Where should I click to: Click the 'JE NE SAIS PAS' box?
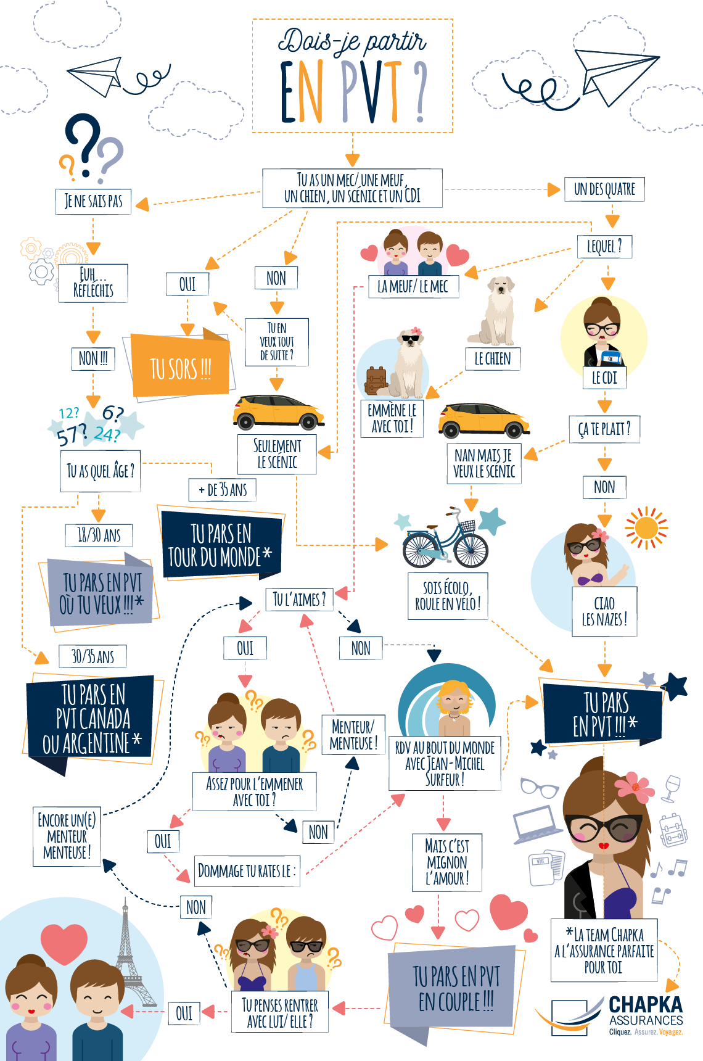[93, 201]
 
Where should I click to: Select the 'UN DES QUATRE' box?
[604, 189]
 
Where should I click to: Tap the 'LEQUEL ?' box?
[604, 247]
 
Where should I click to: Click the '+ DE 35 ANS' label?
[223, 490]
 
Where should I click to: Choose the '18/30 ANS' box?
[99, 535]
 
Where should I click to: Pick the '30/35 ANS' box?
[92, 656]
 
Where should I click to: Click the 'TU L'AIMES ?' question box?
[299, 599]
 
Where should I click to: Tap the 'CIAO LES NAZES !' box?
[604, 611]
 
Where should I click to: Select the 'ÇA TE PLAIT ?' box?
[604, 429]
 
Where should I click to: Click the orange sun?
[646, 528]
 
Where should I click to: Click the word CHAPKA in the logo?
[645, 1004]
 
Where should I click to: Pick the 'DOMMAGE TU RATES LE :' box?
[247, 871]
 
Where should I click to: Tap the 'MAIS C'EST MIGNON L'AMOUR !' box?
[447, 862]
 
